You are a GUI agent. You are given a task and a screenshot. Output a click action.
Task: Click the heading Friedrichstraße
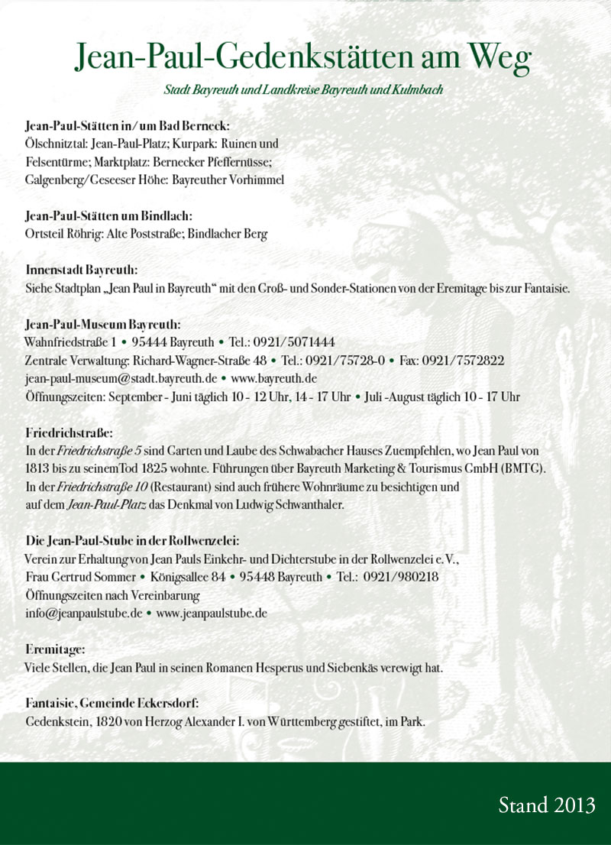coord(70,432)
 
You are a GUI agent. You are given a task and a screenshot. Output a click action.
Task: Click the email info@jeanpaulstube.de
coord(84,613)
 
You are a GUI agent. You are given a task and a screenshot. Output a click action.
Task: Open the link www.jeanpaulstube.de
coord(212,613)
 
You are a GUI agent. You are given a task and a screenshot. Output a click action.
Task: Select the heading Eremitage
coord(55,649)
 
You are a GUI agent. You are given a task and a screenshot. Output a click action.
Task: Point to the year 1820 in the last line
coord(107,720)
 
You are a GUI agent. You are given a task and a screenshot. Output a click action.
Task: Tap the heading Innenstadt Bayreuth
coord(82,270)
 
